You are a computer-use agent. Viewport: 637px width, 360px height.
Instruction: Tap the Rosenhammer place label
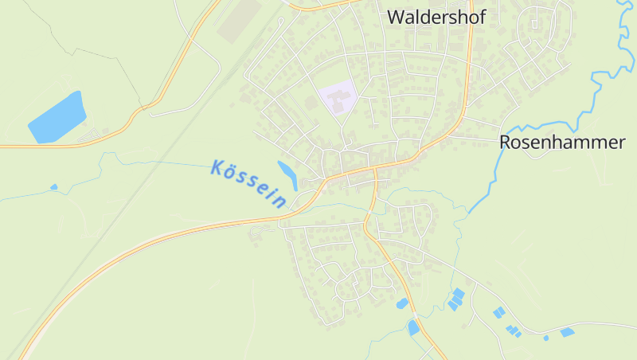[561, 143]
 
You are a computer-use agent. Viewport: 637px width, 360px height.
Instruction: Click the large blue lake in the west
[57, 118]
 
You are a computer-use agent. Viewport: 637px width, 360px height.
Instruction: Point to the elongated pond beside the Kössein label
[287, 174]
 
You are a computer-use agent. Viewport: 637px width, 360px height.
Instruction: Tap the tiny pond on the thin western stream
[54, 187]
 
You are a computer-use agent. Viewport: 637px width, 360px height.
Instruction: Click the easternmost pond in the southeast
[568, 331]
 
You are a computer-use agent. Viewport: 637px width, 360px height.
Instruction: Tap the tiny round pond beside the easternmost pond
[546, 338]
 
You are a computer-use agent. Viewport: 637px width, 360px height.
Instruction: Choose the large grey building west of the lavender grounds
[311, 102]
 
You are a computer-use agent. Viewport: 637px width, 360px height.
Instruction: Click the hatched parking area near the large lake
[99, 134]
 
